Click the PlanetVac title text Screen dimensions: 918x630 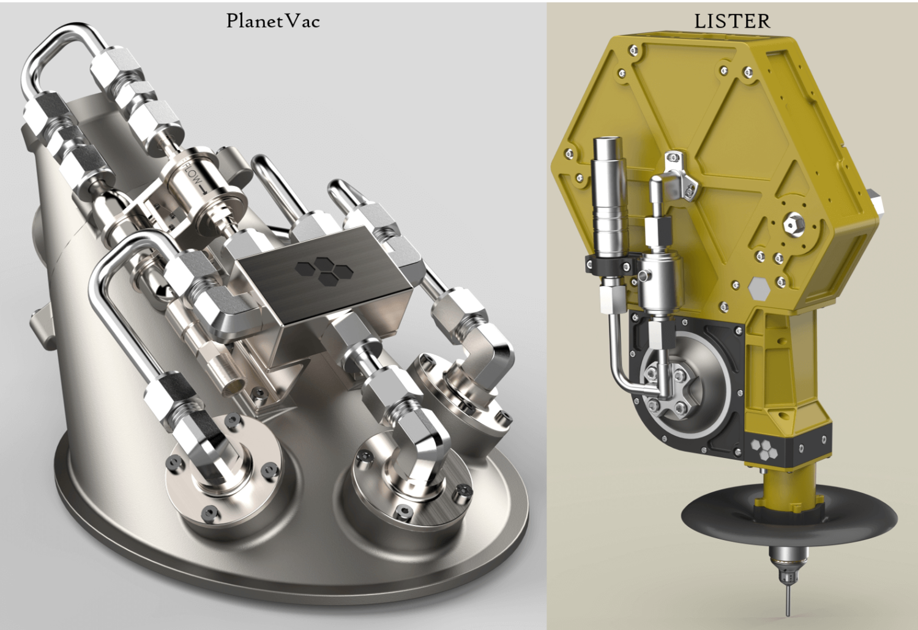click(x=272, y=21)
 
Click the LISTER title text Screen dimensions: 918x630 click(x=732, y=21)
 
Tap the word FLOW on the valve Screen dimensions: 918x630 click(x=193, y=174)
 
